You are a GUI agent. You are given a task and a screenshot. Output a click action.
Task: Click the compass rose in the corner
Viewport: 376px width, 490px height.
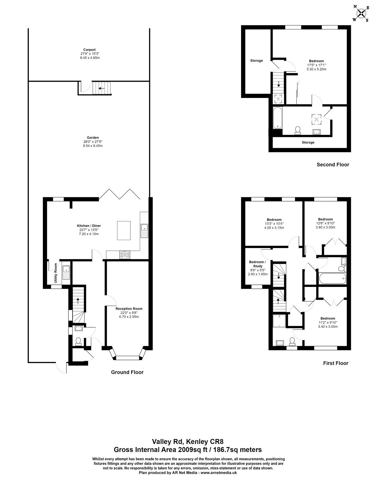[x=361, y=13]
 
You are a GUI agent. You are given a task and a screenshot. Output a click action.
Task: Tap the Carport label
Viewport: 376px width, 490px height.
[x=90, y=50]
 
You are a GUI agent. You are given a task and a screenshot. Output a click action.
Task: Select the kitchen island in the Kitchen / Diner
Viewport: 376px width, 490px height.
[x=124, y=230]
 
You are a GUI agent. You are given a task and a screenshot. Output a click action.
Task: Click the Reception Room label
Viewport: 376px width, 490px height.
[x=129, y=308]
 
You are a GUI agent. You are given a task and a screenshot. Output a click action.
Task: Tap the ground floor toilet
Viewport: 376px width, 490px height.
[x=78, y=341]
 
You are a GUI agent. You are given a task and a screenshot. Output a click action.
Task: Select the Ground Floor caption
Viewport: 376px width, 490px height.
[x=127, y=372]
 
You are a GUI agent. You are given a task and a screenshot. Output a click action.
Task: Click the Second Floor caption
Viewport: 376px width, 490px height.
[x=333, y=164]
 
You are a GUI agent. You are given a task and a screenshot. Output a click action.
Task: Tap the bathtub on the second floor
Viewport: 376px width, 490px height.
[x=277, y=118]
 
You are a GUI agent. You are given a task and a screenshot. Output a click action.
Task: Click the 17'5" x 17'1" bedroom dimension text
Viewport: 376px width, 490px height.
[x=316, y=65]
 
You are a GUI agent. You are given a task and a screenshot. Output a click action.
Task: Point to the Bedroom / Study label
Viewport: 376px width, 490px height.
[x=257, y=264]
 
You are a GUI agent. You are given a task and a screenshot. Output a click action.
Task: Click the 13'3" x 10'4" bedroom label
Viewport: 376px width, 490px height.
[x=274, y=224]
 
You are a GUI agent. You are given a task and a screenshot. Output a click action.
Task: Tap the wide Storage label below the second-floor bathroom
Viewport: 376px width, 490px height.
[x=308, y=142]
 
